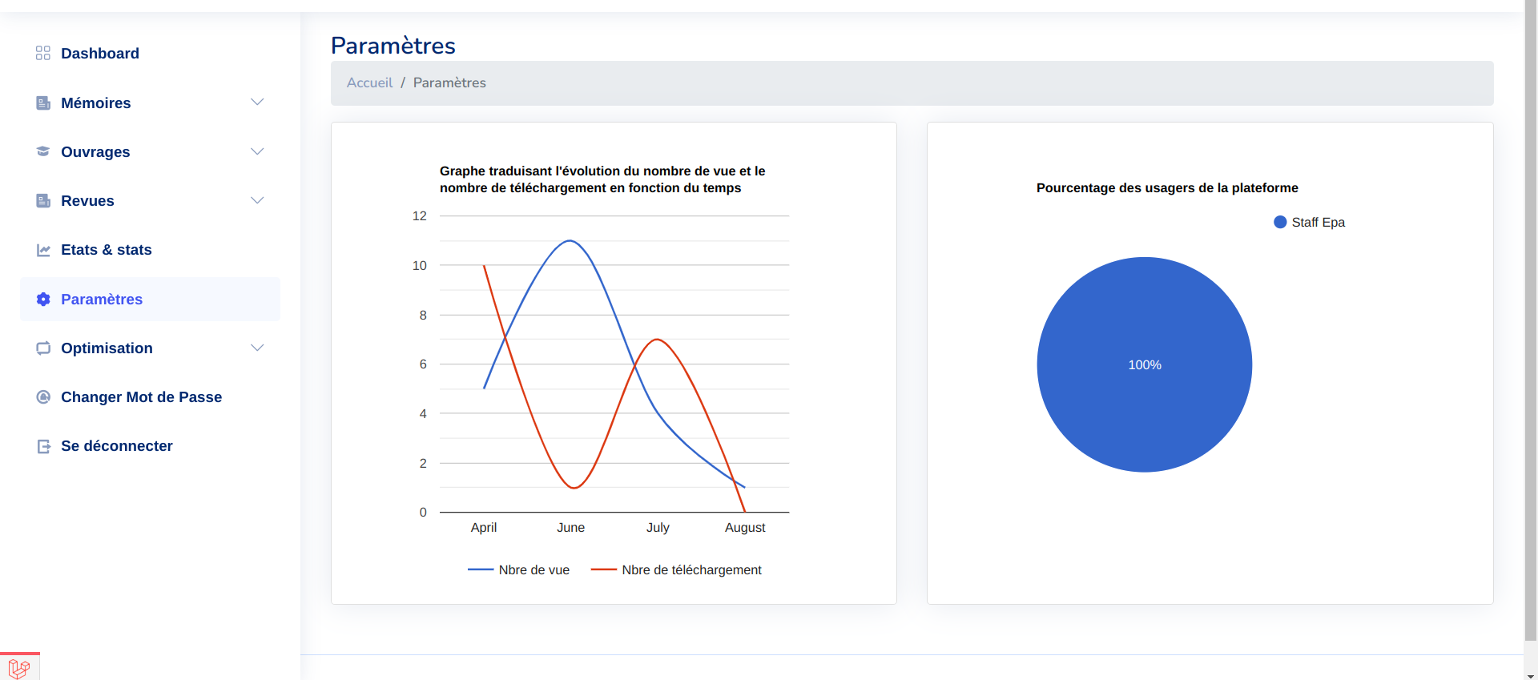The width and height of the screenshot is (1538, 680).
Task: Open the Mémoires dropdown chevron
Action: (257, 103)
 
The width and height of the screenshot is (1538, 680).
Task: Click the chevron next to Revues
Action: (257, 200)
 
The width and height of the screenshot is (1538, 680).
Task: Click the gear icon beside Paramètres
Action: (43, 299)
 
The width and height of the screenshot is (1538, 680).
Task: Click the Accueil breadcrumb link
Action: (369, 82)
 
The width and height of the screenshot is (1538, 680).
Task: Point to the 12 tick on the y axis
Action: (419, 216)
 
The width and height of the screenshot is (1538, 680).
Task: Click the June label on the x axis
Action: (570, 528)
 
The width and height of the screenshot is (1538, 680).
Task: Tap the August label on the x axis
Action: (745, 528)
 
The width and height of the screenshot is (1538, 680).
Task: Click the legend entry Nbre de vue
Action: (518, 570)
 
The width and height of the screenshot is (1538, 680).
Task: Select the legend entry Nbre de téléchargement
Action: (676, 570)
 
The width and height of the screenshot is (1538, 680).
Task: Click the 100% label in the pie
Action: (1145, 365)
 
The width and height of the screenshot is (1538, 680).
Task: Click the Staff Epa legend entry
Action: (1309, 223)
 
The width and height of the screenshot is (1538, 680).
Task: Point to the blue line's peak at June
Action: (570, 241)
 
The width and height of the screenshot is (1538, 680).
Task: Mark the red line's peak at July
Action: (657, 340)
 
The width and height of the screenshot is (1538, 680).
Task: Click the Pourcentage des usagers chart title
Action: (1167, 188)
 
